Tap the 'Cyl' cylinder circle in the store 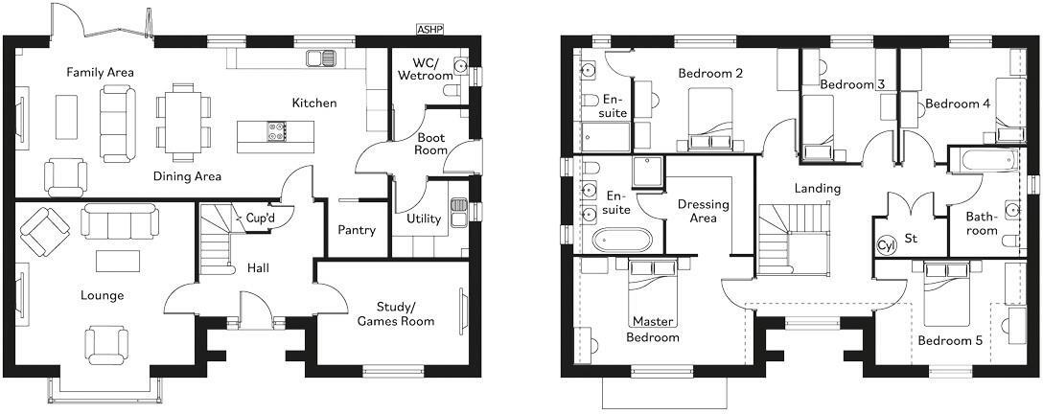pyautogui.click(x=885, y=245)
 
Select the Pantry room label pyautogui.click(x=357, y=230)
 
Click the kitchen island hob pyautogui.click(x=277, y=131)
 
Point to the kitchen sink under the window pyautogui.click(x=322, y=58)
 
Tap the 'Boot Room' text pyautogui.click(x=430, y=144)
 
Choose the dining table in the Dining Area pyautogui.click(x=180, y=119)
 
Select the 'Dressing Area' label pyautogui.click(x=703, y=211)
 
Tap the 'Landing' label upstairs pyautogui.click(x=817, y=189)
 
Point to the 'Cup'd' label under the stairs pyautogui.click(x=261, y=218)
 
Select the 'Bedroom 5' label pyautogui.click(x=949, y=340)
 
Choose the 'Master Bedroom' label pyautogui.click(x=655, y=329)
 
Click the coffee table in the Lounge pyautogui.click(x=117, y=261)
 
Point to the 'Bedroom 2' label pyautogui.click(x=710, y=73)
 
